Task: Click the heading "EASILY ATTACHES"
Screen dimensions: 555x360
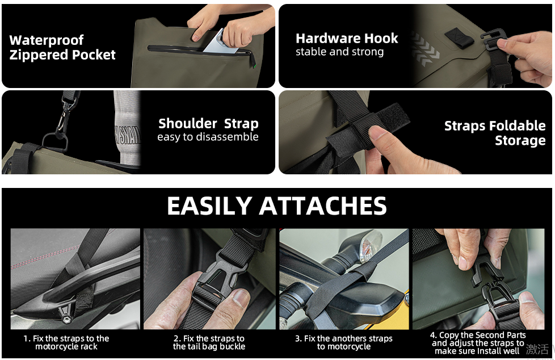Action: [277, 206]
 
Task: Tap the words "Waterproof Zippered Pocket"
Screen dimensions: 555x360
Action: [62, 48]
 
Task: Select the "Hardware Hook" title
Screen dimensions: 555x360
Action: [347, 38]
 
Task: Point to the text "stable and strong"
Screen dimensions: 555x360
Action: [339, 52]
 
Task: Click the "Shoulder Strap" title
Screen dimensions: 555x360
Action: [208, 124]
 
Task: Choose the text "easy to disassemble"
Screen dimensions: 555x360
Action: [208, 137]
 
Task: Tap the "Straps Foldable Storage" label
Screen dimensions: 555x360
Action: [495, 133]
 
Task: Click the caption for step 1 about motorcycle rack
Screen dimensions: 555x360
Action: [66, 342]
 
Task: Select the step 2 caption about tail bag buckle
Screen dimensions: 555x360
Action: [209, 342]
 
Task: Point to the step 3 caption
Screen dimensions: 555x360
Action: [344, 342]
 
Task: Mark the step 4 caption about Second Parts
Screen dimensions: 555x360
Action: [477, 343]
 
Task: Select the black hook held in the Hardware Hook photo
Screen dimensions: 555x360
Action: [493, 40]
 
